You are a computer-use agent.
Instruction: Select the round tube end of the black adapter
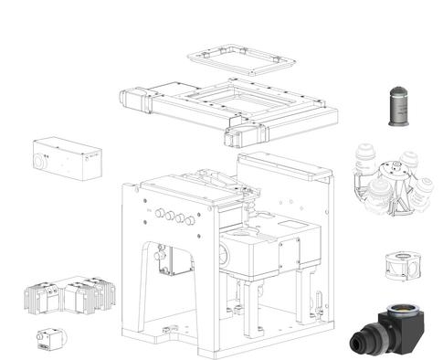pos(358,345)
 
